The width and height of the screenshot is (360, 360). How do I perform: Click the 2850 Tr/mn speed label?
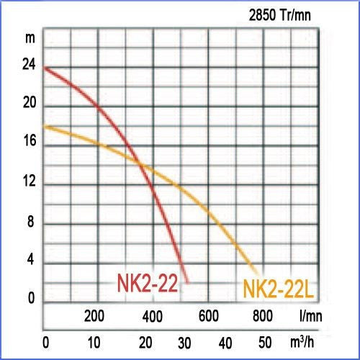280,15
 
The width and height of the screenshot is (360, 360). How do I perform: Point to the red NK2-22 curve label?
148,283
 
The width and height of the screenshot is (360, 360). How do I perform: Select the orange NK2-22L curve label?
279,289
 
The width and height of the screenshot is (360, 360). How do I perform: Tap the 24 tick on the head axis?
29,64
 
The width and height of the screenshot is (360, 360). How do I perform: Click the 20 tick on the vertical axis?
30,103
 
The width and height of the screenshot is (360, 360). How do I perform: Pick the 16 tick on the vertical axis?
30,140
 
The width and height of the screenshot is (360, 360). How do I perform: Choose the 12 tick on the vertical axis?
30,181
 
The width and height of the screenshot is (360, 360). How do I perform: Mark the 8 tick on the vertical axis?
30,221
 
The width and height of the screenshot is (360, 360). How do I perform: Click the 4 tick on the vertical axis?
30,259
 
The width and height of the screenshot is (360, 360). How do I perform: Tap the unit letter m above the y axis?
30,38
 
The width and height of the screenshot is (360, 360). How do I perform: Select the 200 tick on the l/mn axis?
94,316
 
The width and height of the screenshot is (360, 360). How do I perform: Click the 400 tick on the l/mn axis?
153,316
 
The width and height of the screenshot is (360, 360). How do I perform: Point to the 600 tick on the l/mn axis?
209,316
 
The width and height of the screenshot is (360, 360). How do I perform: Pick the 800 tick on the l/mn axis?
263,316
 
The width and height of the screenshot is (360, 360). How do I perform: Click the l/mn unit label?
311,316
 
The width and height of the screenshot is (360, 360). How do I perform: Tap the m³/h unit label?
302,342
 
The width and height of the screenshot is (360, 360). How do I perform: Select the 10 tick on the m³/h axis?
94,343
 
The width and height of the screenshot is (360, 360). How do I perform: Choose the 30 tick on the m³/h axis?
184,343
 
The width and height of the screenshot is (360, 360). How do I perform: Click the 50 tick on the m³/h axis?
265,343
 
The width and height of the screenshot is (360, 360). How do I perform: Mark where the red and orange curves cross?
140,165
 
